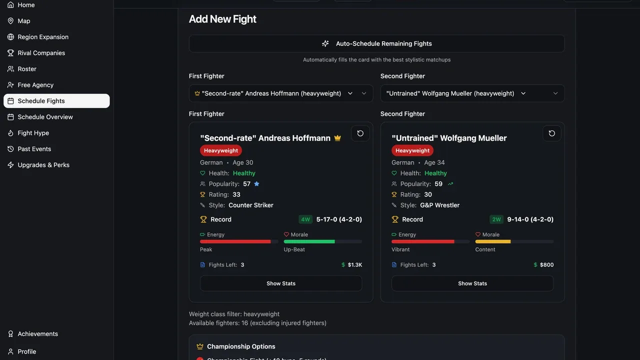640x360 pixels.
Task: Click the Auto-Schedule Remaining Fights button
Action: pos(376,43)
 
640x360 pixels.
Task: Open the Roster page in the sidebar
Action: pos(27,69)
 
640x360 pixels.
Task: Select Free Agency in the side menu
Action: pos(35,85)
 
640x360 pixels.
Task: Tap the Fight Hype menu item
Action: pos(33,133)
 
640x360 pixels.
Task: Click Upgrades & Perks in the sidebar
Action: pos(43,165)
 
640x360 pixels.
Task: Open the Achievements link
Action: pos(37,333)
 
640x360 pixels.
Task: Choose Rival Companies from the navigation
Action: pos(41,53)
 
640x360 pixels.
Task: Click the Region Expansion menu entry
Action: pos(43,37)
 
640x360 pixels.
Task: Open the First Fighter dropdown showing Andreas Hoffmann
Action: pos(281,93)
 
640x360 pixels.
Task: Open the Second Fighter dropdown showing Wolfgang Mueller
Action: pos(472,93)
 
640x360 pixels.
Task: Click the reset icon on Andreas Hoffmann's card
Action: pos(360,133)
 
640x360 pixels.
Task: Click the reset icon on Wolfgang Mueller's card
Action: pos(551,133)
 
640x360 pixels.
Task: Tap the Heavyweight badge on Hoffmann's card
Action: pos(221,150)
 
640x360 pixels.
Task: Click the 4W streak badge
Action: pos(305,219)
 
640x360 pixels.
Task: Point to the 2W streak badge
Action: pos(496,219)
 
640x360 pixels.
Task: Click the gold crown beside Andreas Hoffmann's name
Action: pos(337,138)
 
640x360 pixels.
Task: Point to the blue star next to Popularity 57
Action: pos(256,183)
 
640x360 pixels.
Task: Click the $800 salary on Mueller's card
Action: pos(543,265)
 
